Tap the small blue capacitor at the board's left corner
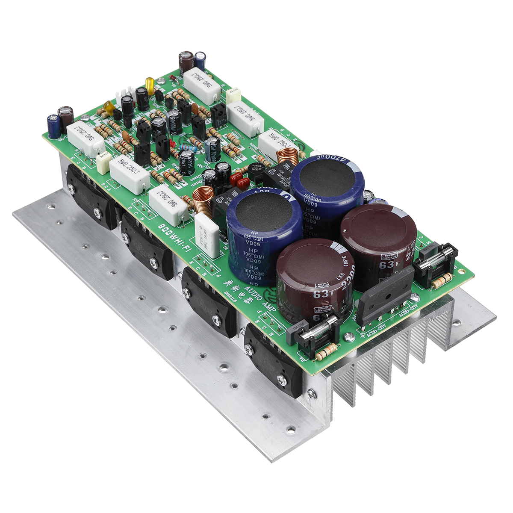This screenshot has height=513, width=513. [53, 127]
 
